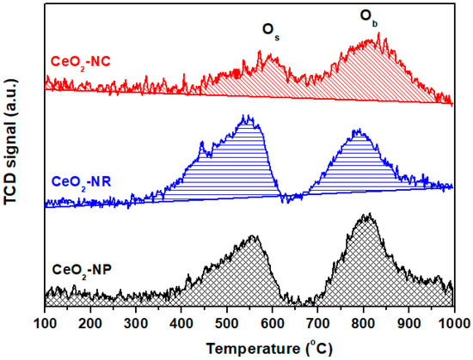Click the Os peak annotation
[271, 31]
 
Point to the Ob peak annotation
[366, 19]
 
